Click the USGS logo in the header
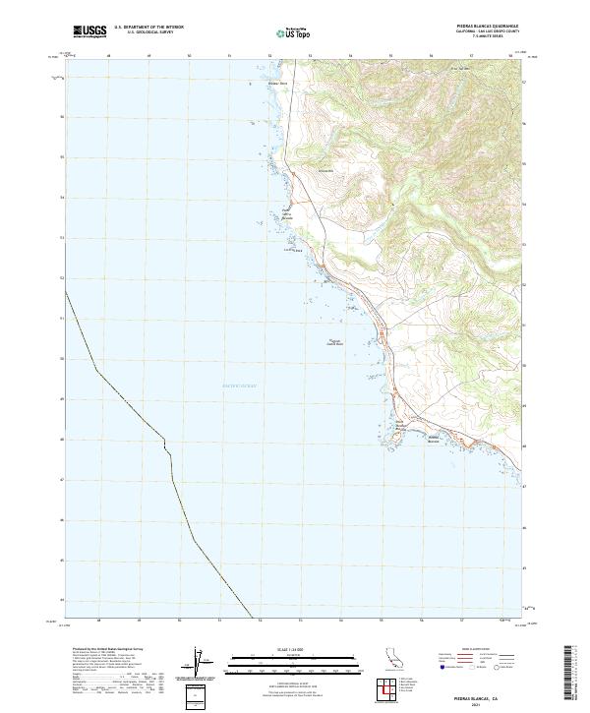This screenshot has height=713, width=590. tap(89, 32)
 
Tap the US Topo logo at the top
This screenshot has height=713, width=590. tap(293, 32)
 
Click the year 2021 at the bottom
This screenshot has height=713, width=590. tap(489, 703)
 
